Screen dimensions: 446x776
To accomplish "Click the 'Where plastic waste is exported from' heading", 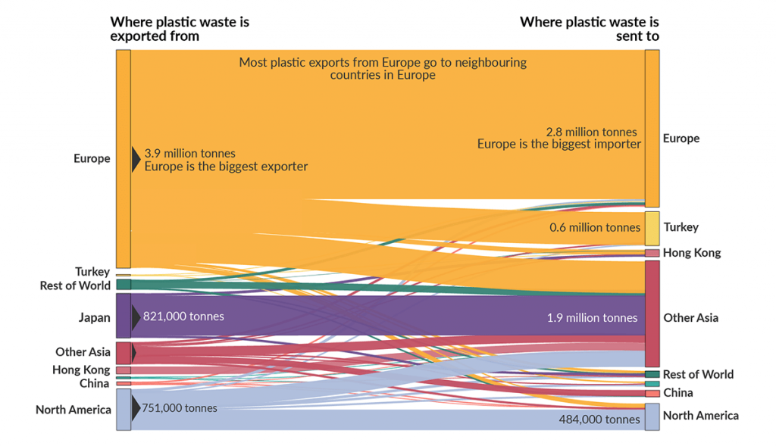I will click(179, 29).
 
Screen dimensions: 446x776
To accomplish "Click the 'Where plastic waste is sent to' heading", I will click(589, 29).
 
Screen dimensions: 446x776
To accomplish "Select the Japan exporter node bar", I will click(124, 316).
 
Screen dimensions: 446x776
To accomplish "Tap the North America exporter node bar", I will click(124, 410).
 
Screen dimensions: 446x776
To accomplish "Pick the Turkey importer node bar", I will click(652, 228).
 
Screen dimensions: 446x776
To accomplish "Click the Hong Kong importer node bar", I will click(652, 253).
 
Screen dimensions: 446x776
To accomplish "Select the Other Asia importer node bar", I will click(652, 314).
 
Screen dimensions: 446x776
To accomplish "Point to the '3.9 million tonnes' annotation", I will click(189, 153).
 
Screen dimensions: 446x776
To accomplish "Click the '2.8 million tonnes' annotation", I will click(591, 132).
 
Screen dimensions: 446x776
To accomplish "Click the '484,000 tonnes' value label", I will click(599, 419).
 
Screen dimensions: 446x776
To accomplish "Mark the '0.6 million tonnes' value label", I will click(596, 227).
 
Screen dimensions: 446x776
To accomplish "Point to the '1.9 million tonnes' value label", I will click(592, 318).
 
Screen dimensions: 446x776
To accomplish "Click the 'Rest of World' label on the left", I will click(75, 285).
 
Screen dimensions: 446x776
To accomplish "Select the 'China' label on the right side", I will click(677, 393).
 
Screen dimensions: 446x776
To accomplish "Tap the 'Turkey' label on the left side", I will click(92, 271).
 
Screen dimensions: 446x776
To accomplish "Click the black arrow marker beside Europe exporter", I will click(136, 159).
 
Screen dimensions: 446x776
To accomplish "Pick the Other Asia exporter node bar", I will click(124, 353).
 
